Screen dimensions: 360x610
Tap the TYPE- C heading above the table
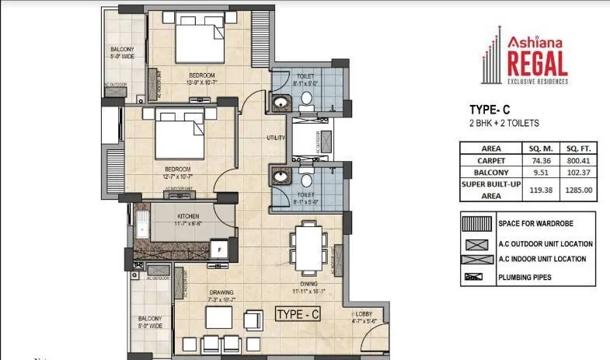point(490,110)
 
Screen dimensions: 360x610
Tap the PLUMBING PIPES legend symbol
point(473,276)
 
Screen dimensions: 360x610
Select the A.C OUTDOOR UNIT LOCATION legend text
point(546,243)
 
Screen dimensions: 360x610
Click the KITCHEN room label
point(188,215)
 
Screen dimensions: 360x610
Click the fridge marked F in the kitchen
point(221,250)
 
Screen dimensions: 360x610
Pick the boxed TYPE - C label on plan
point(298,314)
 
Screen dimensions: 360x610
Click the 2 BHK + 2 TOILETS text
point(504,123)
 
